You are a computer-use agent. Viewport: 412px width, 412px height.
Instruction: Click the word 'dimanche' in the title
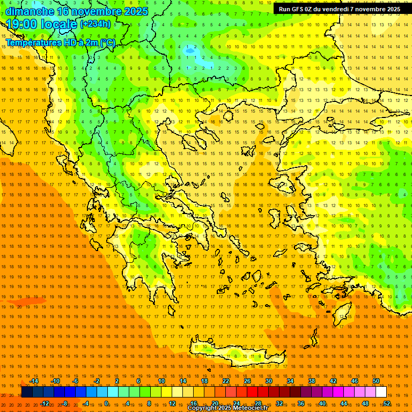[x=30, y=11]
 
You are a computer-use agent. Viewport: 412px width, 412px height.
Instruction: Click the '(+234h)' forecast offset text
[x=95, y=24]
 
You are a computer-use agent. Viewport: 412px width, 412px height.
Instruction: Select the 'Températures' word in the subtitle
[x=32, y=42]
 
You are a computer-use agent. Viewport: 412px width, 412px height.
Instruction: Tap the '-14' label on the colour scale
[x=33, y=381]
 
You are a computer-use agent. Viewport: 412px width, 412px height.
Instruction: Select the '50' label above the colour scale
[x=376, y=381]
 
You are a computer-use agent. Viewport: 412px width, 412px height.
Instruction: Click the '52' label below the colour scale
[x=387, y=403]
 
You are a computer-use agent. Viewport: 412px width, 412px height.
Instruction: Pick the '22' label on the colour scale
[x=226, y=381]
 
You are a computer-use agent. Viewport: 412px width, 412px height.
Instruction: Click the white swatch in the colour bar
[x=381, y=392]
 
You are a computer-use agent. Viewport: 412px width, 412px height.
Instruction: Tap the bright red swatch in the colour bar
[x=253, y=392]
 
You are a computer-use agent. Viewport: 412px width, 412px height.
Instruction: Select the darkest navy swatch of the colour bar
[x=27, y=392]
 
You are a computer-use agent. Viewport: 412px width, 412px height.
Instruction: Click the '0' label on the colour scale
[x=106, y=403]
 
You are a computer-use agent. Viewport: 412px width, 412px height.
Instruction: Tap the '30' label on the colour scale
[x=269, y=381]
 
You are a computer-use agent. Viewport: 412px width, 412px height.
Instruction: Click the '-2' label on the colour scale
[x=97, y=381]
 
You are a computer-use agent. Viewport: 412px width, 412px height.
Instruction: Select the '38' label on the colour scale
[x=312, y=381]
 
